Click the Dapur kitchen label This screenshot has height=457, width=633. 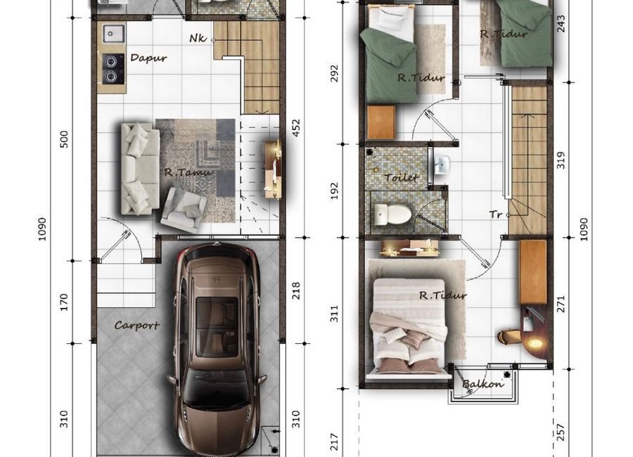point(148,58)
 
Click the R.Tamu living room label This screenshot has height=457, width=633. point(188,172)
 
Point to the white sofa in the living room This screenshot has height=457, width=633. point(140,168)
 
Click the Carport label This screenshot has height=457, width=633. point(137,326)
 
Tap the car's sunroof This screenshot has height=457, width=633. point(217,327)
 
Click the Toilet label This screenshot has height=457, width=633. point(402,177)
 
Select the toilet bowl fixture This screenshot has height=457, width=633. point(392,214)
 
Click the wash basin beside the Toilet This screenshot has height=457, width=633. point(442,165)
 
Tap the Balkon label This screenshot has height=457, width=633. point(483,383)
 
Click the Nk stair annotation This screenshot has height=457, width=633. point(198,39)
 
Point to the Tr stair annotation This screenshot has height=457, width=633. point(496,214)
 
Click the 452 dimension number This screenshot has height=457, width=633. point(296,127)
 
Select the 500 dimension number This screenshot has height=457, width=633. point(64,139)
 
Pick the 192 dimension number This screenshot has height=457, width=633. point(335,191)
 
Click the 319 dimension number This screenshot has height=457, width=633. point(561,160)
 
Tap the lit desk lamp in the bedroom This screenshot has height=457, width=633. point(535,344)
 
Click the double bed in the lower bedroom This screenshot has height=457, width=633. point(409,328)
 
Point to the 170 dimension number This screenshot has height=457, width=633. point(64,302)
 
